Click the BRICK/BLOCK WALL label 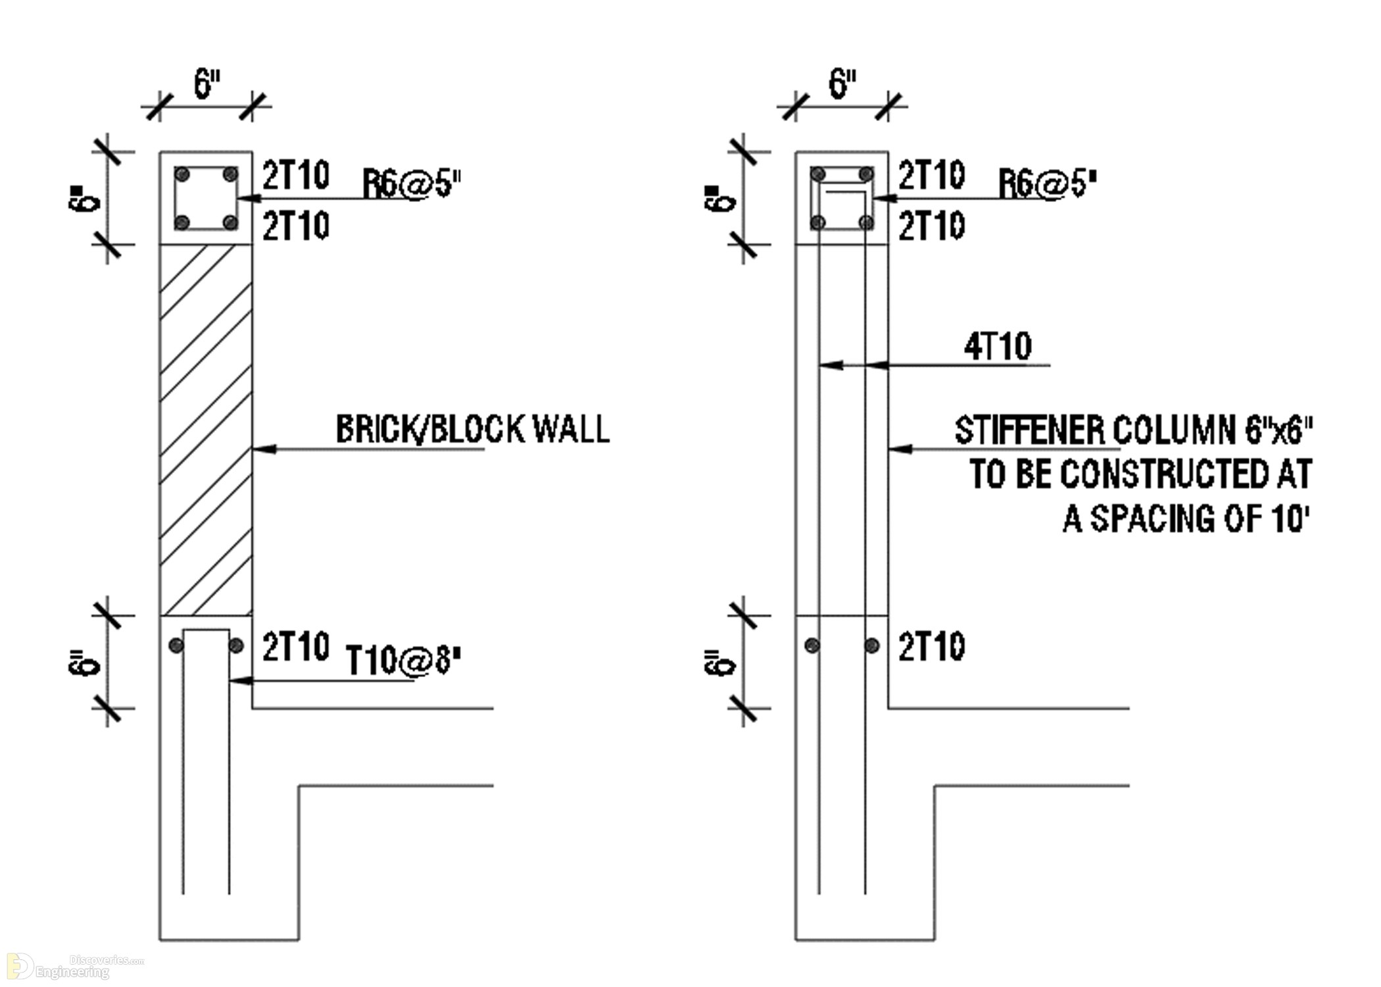(x=473, y=429)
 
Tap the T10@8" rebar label (x=403, y=660)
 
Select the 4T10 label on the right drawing (x=998, y=346)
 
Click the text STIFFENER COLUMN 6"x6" (x=1134, y=430)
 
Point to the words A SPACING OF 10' (x=1186, y=519)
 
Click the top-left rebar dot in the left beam (x=183, y=174)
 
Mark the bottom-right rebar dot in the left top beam (x=230, y=222)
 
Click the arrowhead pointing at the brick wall (x=264, y=449)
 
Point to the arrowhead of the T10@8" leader (x=241, y=680)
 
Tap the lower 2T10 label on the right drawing (x=932, y=646)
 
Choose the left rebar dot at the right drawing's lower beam (x=813, y=645)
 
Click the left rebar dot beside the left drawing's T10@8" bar (x=176, y=645)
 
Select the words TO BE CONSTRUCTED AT (x=1141, y=474)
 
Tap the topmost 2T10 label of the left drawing (x=296, y=175)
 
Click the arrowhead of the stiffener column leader (x=900, y=449)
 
